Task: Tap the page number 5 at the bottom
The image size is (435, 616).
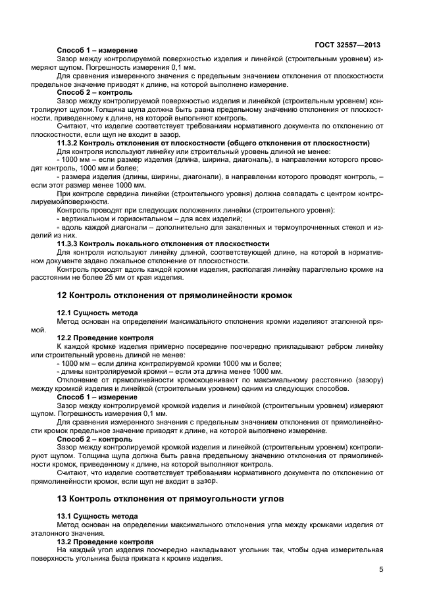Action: (381, 570)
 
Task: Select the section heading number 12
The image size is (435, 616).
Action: (62, 295)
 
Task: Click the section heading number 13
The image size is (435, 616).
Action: (62, 499)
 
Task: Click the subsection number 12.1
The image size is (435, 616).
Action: (64, 313)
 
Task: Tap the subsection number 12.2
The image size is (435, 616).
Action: (64, 337)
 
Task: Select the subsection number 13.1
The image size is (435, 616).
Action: (64, 516)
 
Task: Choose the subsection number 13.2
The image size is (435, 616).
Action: (64, 540)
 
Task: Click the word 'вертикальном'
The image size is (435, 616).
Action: (84, 218)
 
